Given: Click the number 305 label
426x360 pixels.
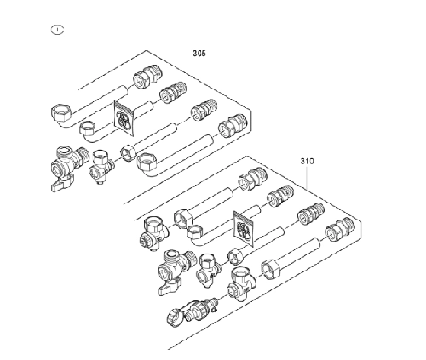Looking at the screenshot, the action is (x=199, y=54).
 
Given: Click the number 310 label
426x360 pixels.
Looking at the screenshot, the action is (x=308, y=161).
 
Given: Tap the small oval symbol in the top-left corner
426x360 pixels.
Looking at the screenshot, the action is (x=57, y=30).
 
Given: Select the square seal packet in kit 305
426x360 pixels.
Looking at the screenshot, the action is (x=124, y=117).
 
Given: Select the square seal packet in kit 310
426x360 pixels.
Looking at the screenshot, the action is (x=244, y=228).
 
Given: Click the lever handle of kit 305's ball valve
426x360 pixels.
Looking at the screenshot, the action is (x=63, y=184).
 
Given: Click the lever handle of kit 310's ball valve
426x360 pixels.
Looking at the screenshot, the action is (x=170, y=287).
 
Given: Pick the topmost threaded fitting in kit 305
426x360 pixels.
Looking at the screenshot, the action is (x=148, y=76).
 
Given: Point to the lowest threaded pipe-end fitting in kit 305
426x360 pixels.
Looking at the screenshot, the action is (x=233, y=126).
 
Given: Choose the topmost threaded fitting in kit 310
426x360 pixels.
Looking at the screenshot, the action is (x=253, y=179).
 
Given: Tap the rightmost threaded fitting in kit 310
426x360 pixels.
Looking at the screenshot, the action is (x=340, y=229).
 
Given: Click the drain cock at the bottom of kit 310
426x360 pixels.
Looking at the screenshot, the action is (x=193, y=311).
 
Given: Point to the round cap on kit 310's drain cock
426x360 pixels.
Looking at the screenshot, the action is (x=173, y=317).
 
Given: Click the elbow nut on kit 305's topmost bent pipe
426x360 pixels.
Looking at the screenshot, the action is (x=61, y=114).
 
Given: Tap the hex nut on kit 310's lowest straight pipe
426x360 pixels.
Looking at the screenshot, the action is (x=271, y=269).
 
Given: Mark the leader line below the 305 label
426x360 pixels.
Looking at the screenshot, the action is (x=199, y=69).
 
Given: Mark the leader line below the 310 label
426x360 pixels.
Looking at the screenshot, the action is (x=308, y=177).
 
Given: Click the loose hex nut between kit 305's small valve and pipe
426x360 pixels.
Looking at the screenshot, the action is (x=129, y=153).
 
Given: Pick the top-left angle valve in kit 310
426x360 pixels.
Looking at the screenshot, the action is (x=156, y=233).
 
